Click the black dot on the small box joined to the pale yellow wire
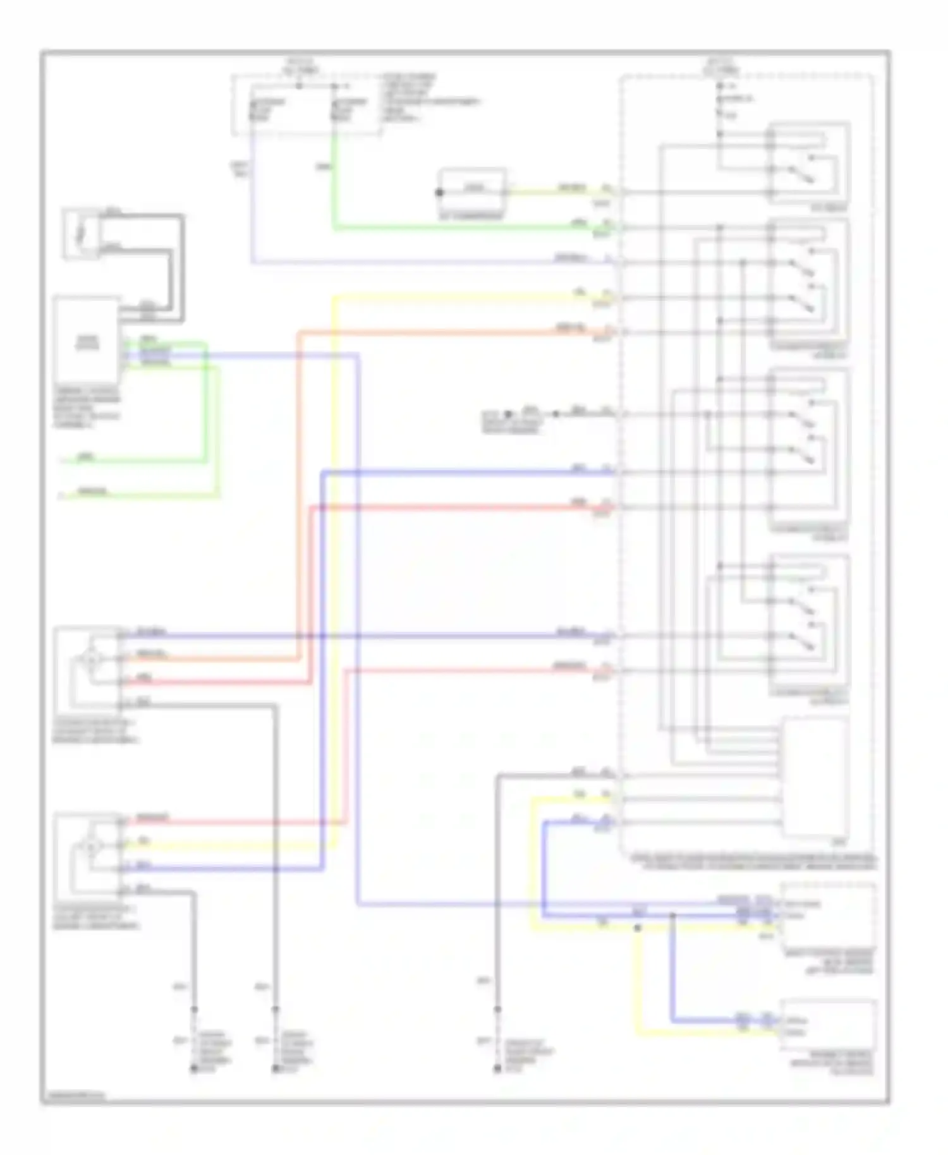click(x=440, y=193)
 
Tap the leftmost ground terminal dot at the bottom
click(x=194, y=1068)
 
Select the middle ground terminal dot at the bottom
click(x=275, y=1068)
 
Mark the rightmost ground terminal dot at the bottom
click(x=497, y=1068)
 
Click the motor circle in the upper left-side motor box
click(x=92, y=659)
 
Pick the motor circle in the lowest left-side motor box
click(x=92, y=846)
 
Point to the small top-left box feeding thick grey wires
click(x=81, y=234)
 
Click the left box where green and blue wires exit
click(x=87, y=342)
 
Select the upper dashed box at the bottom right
click(x=828, y=916)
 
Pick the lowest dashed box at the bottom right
click(x=828, y=1027)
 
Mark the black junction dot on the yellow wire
click(x=637, y=928)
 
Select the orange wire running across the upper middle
click(x=442, y=332)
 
